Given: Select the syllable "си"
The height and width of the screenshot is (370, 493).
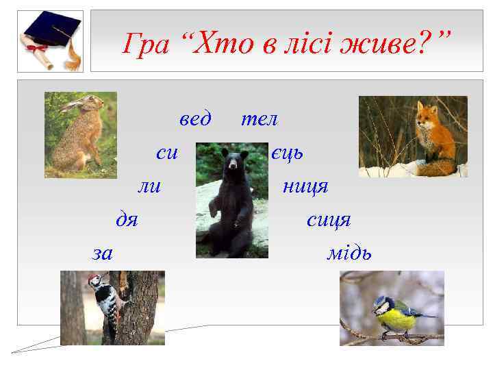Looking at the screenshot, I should pyautogui.click(x=167, y=153).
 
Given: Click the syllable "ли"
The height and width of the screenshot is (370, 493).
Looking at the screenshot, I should pyautogui.click(x=149, y=186).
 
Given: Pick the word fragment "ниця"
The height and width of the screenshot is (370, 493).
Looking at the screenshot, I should pyautogui.click(x=305, y=186).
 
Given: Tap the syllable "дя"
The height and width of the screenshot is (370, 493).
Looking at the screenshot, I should pyautogui.click(x=127, y=220).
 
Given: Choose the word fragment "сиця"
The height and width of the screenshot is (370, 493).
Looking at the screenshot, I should pyautogui.click(x=329, y=220).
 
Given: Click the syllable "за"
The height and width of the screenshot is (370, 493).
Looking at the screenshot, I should pyautogui.click(x=103, y=254).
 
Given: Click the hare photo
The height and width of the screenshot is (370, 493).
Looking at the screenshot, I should pyautogui.click(x=80, y=134).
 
